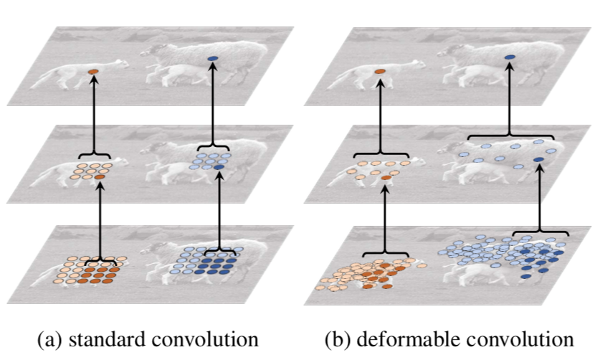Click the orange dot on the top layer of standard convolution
(x=92, y=72)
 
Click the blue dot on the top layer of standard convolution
(x=212, y=58)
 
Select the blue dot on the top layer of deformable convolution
(x=510, y=57)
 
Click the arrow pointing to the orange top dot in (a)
(x=93, y=115)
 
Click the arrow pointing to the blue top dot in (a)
(x=212, y=108)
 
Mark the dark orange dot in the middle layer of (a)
(x=100, y=176)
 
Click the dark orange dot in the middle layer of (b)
(x=386, y=176)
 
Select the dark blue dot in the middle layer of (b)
(x=537, y=159)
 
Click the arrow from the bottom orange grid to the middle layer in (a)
(x=100, y=219)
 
